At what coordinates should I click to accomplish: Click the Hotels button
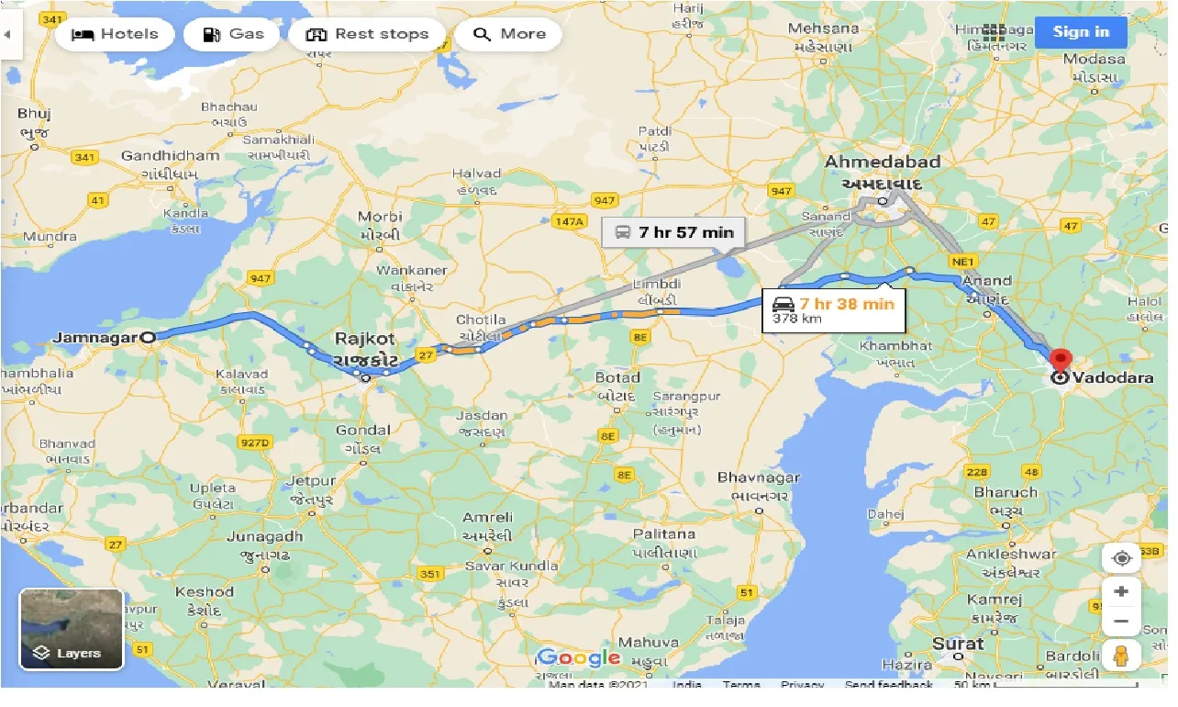coord(115,35)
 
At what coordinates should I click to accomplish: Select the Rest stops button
coord(367,35)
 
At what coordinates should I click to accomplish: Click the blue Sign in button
coord(1081,32)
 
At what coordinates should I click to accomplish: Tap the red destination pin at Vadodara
coord(1061,360)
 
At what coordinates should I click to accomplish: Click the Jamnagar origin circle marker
coord(150,337)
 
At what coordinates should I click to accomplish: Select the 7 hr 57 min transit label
coord(674,232)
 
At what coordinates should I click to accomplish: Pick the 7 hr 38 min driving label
coord(833,309)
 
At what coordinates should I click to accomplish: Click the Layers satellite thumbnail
coord(72,629)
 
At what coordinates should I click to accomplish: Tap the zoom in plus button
coord(1120,591)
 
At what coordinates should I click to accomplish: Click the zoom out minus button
coord(1120,622)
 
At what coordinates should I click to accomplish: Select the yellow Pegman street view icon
coord(1120,656)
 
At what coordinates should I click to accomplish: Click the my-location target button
coord(1120,558)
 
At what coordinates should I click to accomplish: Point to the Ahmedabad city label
coord(882,163)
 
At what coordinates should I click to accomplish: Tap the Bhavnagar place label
coord(759,477)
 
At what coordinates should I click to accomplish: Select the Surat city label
coord(958,644)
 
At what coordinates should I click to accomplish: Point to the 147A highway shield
coord(569,221)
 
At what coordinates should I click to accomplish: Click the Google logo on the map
coord(579,657)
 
